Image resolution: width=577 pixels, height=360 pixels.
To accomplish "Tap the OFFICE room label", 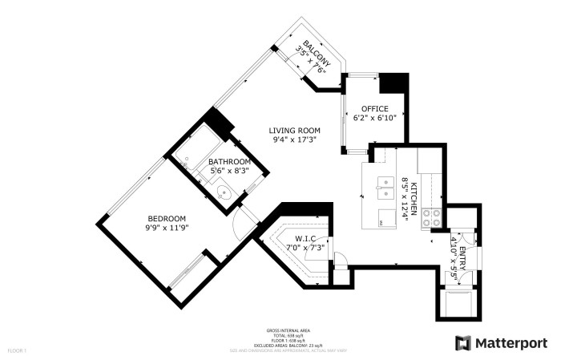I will coord(374,109).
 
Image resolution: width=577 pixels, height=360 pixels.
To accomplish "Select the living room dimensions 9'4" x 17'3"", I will coord(294,140).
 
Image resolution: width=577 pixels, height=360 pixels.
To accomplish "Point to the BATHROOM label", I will coord(228,161).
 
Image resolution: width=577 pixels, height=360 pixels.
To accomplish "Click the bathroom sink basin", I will coord(224,192).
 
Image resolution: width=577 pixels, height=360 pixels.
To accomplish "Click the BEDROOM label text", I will coord(167,219).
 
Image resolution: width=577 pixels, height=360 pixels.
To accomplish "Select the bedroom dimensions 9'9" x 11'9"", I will coord(167,229).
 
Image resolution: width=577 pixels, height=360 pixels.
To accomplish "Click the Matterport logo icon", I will coord(463,343).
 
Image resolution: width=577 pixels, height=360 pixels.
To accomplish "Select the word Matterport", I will coord(512,343).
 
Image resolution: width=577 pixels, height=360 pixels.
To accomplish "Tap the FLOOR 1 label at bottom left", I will coord(18,350).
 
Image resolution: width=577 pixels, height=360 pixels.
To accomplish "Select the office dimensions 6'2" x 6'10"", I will coord(374,119).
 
